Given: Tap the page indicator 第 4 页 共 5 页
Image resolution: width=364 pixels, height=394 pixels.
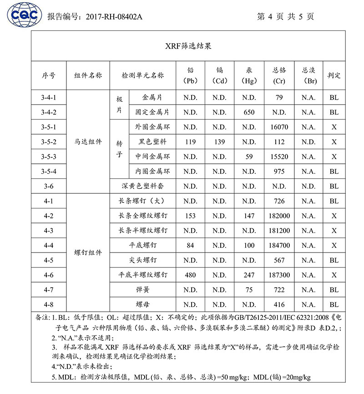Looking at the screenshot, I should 285,17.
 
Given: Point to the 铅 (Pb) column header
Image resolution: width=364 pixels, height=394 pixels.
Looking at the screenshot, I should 190,76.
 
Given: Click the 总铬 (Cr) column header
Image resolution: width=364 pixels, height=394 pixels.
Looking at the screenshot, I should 279,76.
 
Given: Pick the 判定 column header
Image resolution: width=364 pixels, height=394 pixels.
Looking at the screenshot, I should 334,76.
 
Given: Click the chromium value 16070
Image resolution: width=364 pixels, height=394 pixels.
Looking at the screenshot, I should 279,127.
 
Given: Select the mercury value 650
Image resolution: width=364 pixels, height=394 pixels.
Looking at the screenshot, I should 249,112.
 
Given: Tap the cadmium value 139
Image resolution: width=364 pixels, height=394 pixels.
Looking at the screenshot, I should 219,142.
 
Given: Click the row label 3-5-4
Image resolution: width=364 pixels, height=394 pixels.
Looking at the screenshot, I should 49,172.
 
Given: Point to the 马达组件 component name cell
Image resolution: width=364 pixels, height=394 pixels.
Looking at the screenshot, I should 88,142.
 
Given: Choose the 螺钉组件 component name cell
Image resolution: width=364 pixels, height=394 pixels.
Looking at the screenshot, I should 88,253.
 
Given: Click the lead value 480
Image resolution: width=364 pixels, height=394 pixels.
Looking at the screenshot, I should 190,275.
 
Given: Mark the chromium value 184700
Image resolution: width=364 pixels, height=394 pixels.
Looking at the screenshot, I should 279,246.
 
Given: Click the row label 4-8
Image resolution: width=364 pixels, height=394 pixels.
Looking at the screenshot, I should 49,305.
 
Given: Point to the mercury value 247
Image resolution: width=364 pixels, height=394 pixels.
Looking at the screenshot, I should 249,275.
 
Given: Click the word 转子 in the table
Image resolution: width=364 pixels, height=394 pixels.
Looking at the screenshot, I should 120,149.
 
